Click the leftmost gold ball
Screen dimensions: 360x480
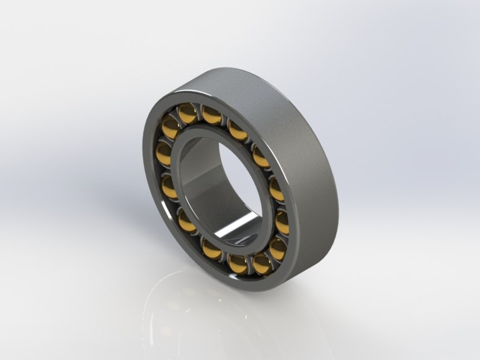coord(164,153)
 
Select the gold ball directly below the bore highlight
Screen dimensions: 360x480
coord(238,263)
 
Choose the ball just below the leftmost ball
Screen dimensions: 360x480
coord(169,186)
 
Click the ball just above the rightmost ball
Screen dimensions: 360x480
coord(277,190)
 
